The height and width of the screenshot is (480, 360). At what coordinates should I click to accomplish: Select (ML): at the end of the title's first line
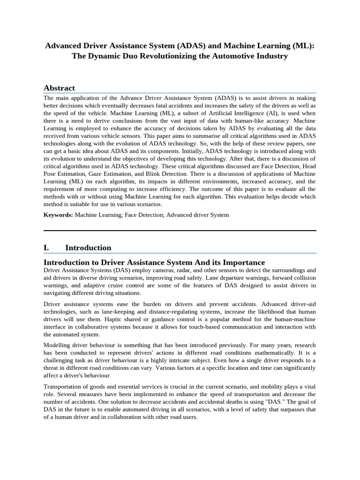(302, 46)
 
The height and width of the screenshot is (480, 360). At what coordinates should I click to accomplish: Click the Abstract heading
(59, 88)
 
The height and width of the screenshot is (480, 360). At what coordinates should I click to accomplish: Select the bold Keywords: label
(58, 215)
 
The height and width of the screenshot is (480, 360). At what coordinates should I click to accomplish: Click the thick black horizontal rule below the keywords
(180, 230)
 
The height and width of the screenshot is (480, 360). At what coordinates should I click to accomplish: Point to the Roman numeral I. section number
(47, 247)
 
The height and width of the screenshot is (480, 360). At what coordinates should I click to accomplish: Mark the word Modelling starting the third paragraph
(58, 345)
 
